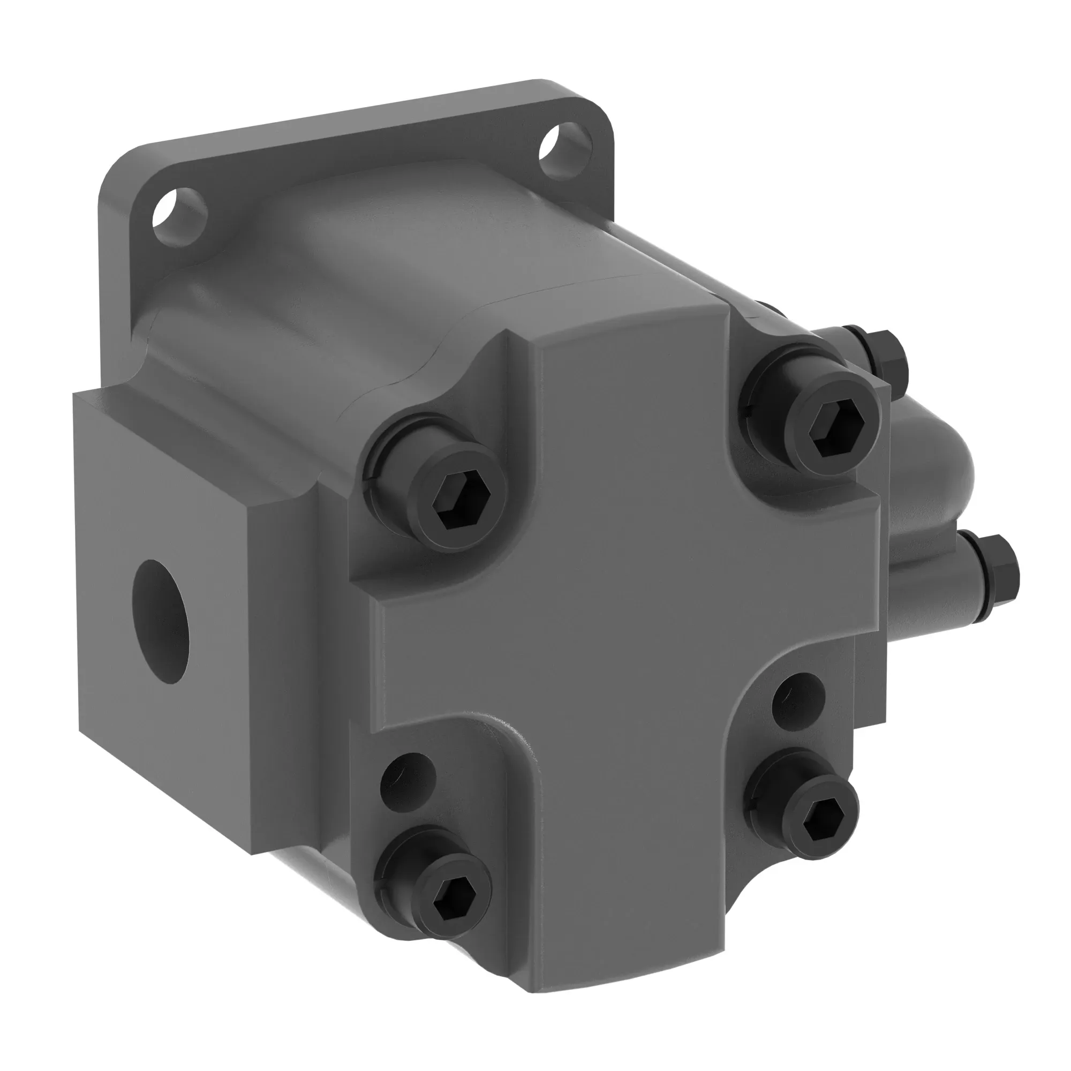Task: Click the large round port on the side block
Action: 161,621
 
